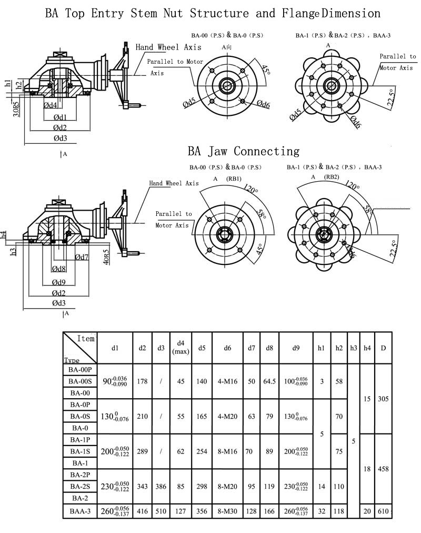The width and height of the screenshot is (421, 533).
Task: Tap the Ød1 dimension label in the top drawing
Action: point(59,117)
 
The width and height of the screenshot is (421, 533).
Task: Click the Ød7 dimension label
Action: point(82,257)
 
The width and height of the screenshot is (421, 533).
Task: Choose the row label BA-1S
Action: point(80,451)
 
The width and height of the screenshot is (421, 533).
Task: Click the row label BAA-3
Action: point(80,510)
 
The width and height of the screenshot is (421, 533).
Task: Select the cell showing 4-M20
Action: point(227,417)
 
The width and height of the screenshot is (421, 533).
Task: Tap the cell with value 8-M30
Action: point(227,510)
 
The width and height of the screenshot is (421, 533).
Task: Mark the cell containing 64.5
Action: point(269,381)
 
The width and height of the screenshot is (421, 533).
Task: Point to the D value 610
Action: point(383,510)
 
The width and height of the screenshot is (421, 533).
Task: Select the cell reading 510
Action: point(161,510)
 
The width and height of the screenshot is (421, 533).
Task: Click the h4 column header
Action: point(367,348)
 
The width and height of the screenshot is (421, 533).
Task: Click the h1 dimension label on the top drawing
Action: point(8,83)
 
